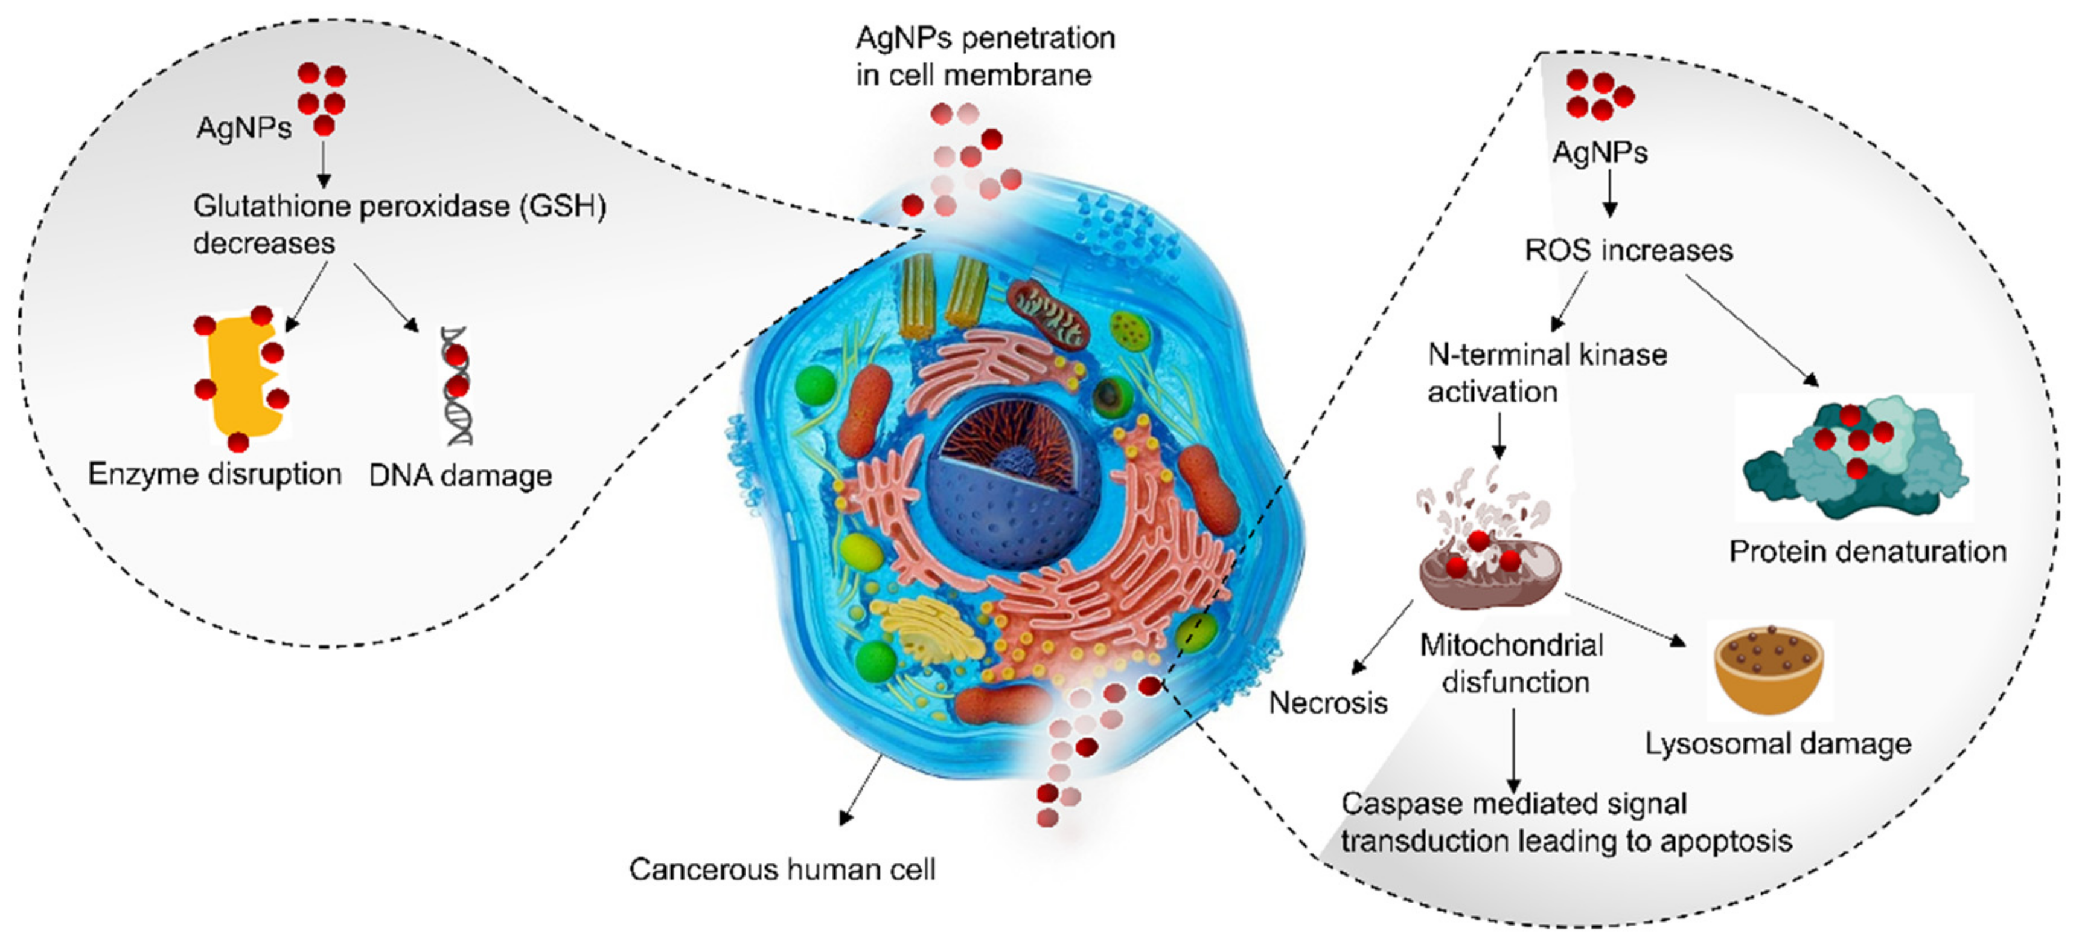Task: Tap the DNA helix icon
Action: pyautogui.click(x=457, y=386)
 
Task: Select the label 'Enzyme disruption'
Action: pyautogui.click(x=215, y=474)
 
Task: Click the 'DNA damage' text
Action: pyautogui.click(x=460, y=476)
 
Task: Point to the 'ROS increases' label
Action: pyautogui.click(x=1629, y=250)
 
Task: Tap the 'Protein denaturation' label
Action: pyautogui.click(x=1867, y=552)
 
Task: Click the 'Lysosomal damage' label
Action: pyautogui.click(x=1778, y=744)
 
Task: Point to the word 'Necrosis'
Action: pyautogui.click(x=1327, y=703)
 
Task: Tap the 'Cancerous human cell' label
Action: pyautogui.click(x=782, y=869)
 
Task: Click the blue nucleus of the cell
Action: pyautogui.click(x=1005, y=501)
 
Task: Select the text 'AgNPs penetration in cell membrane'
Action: pyautogui.click(x=985, y=57)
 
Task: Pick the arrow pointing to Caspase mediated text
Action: pyautogui.click(x=1513, y=751)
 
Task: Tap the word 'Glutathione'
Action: pyautogui.click(x=270, y=207)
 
